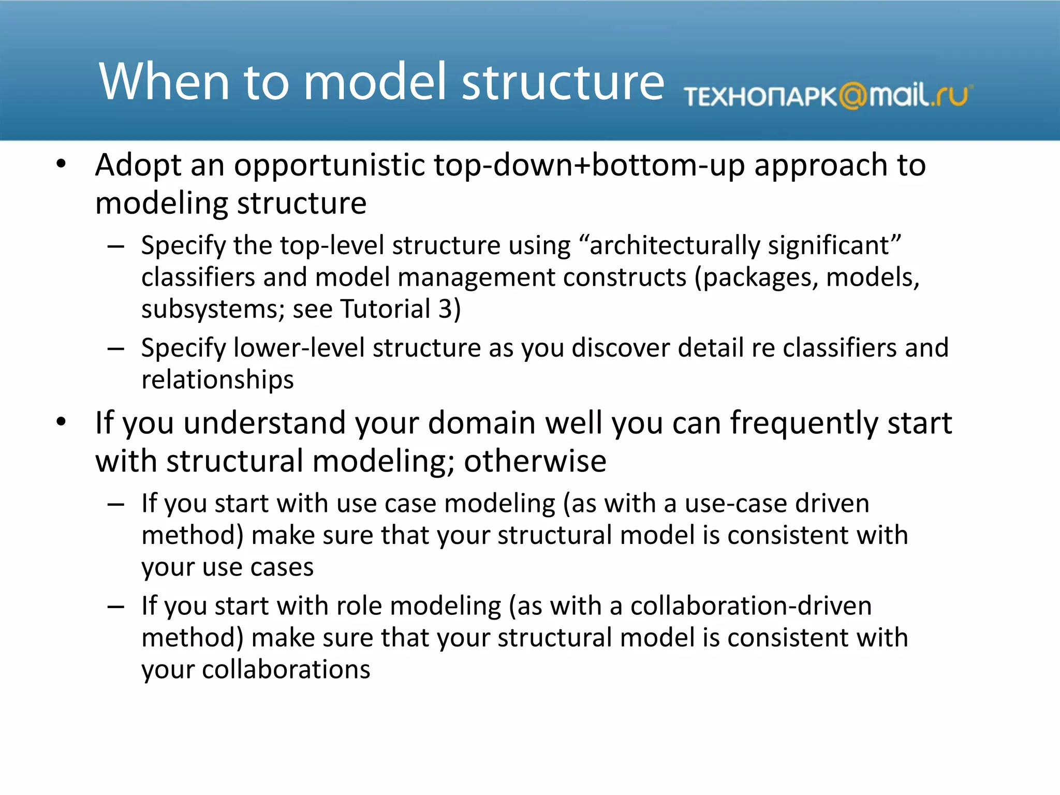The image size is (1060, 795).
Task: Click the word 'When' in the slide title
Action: coord(164,82)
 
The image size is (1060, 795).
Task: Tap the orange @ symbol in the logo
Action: coord(852,96)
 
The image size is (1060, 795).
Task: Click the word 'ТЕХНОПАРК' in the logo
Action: coord(760,97)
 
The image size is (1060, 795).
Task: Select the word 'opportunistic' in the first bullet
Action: coord(329,166)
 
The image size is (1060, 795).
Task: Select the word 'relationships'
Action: coord(217,380)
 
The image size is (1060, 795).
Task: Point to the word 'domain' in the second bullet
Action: coord(481,423)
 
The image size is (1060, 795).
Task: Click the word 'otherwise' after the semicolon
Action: coord(535,461)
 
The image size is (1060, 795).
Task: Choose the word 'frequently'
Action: coord(804,423)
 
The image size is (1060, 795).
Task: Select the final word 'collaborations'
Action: coord(286,670)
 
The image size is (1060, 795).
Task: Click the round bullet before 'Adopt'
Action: coord(62,165)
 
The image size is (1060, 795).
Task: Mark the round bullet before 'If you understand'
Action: coord(62,422)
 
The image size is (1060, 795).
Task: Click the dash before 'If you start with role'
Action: coord(115,607)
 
